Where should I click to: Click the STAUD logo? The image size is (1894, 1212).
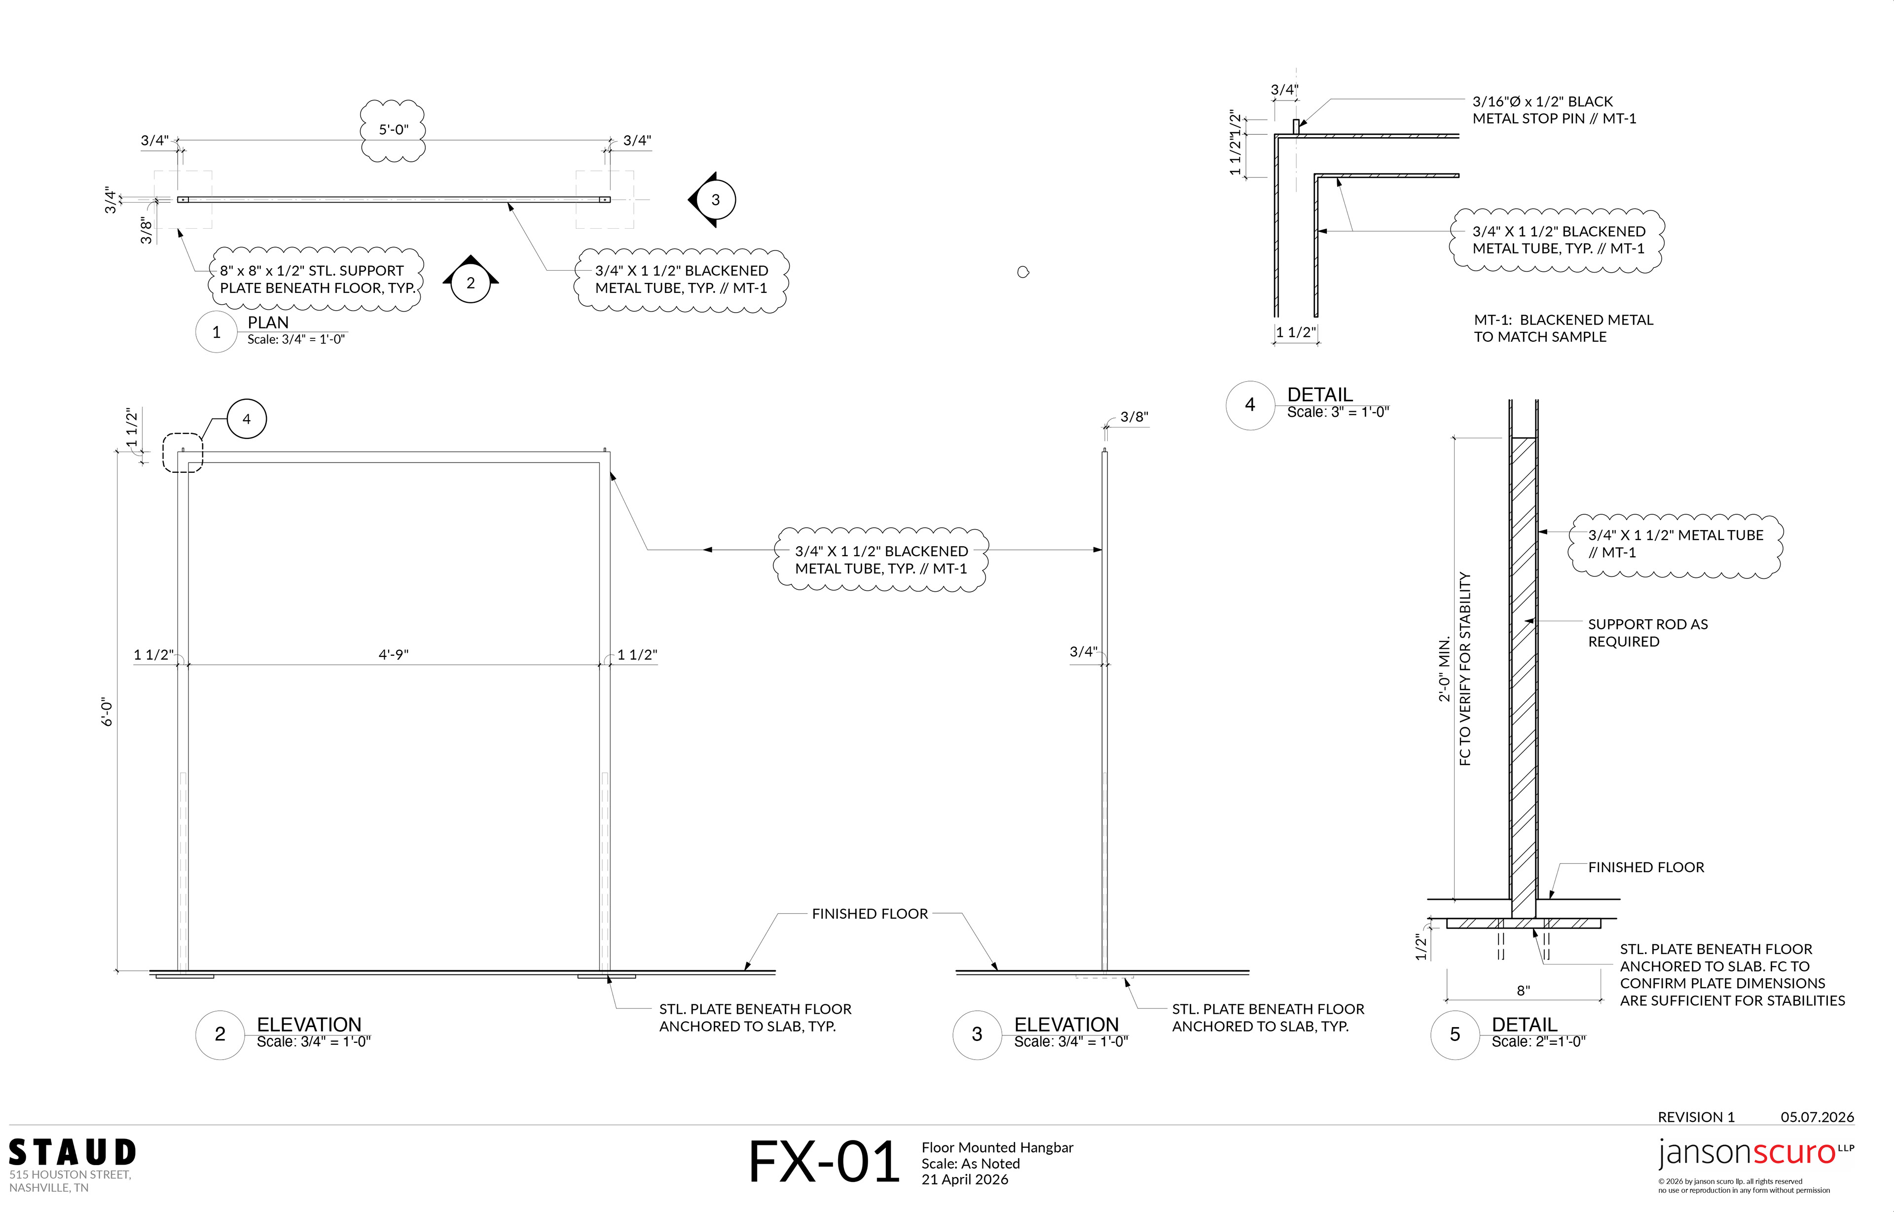tap(73, 1152)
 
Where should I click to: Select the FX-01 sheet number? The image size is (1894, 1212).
tap(823, 1162)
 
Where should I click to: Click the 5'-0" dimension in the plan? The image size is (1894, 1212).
tap(394, 130)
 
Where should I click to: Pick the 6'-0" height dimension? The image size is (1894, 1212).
tap(108, 712)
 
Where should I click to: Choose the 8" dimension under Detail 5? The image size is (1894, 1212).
tap(1523, 991)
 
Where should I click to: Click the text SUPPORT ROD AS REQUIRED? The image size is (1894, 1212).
tap(1647, 633)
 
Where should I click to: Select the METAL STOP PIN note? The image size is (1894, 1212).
tap(1554, 110)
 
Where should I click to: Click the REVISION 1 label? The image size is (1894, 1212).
tap(1696, 1117)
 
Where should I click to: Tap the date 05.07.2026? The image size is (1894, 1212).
tap(1817, 1117)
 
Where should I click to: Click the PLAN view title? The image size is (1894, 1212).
tap(268, 322)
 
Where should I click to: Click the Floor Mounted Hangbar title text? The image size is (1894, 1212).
tap(997, 1147)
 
